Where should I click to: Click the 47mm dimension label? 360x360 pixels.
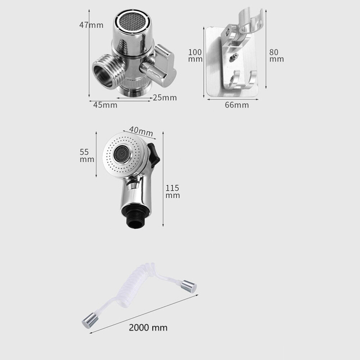tap(91, 25)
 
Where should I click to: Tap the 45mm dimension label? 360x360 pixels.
tap(105, 105)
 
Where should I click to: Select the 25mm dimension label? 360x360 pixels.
tap(165, 98)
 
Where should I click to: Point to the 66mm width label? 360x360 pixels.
tap(237, 105)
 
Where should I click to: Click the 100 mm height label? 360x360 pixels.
tap(195, 56)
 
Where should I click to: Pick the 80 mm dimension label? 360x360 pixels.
tap(276, 56)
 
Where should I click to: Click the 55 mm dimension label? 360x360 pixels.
tap(87, 156)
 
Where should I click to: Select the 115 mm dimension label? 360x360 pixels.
tap(172, 192)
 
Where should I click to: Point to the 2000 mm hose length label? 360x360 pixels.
tap(148, 328)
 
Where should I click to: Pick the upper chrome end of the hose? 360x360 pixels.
tap(189, 286)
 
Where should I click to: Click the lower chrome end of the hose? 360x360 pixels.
tap(89, 320)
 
